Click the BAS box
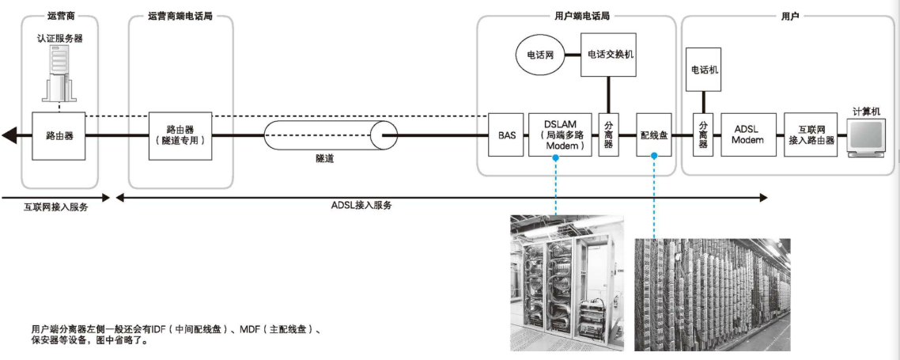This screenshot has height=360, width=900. coord(507,135)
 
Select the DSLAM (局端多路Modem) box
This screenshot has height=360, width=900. coord(560,135)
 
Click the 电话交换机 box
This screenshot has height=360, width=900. coord(608,55)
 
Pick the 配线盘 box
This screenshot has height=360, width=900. coord(654,135)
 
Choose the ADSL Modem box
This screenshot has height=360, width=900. coord(747,135)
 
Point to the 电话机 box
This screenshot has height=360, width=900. coord(703,70)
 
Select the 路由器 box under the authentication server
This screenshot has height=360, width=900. coord(59,135)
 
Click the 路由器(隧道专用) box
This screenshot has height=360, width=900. coord(180,135)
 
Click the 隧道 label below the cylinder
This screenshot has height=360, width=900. coord(324,159)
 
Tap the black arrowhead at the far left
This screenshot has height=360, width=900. coord(9,135)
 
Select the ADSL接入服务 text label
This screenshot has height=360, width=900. coord(361,204)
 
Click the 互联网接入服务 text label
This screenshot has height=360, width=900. coord(55,207)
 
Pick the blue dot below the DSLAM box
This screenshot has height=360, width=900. coord(557,158)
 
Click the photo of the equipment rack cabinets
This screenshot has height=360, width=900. coord(565,282)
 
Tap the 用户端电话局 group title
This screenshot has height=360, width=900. coord(577,15)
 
